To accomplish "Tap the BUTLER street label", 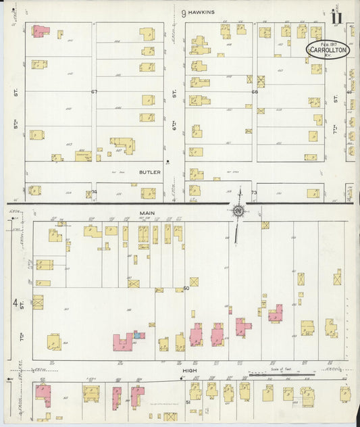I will tap(150, 172).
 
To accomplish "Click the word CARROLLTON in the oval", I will tap(328, 49).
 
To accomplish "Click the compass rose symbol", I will tap(238, 211).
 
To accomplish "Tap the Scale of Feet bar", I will tap(280, 373).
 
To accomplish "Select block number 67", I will tap(95, 92).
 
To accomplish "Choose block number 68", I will tap(255, 92).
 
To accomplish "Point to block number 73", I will tap(254, 193).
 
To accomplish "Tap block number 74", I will tap(94, 192).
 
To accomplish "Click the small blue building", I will tap(137, 334).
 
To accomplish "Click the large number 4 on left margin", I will tap(14, 303).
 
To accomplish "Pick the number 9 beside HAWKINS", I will tap(183, 12).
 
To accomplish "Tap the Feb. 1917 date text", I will tap(328, 43).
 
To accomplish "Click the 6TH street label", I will tap(174, 108).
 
